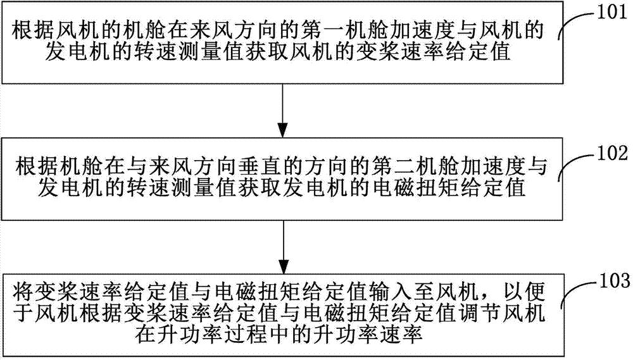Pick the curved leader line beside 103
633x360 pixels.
click(x=577, y=288)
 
